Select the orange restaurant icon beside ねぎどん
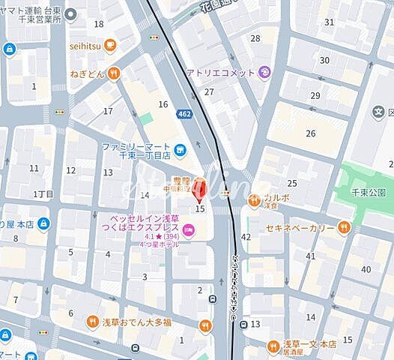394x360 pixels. tap(113, 73)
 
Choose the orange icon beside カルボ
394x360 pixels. tap(253, 198)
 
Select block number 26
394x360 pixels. tap(310, 133)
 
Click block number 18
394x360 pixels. tap(99, 23)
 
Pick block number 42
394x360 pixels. tap(246, 238)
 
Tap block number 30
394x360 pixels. tap(324, 60)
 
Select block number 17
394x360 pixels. tap(108, 112)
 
